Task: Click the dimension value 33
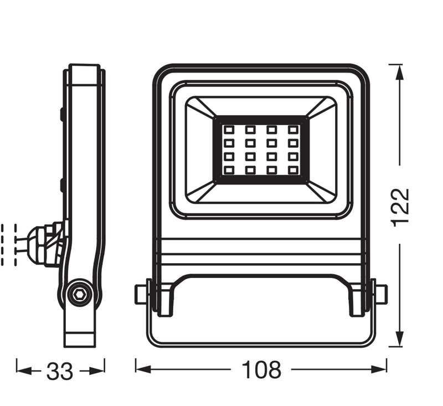click(x=60, y=371)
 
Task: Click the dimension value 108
click(x=261, y=369)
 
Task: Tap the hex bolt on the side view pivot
click(x=79, y=295)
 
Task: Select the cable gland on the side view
click(x=46, y=243)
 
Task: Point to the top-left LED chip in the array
click(x=229, y=130)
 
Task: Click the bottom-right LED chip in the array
click(x=293, y=170)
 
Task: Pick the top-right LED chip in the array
click(x=293, y=130)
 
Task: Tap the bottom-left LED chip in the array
click(x=229, y=170)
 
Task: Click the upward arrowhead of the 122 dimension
click(x=399, y=73)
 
